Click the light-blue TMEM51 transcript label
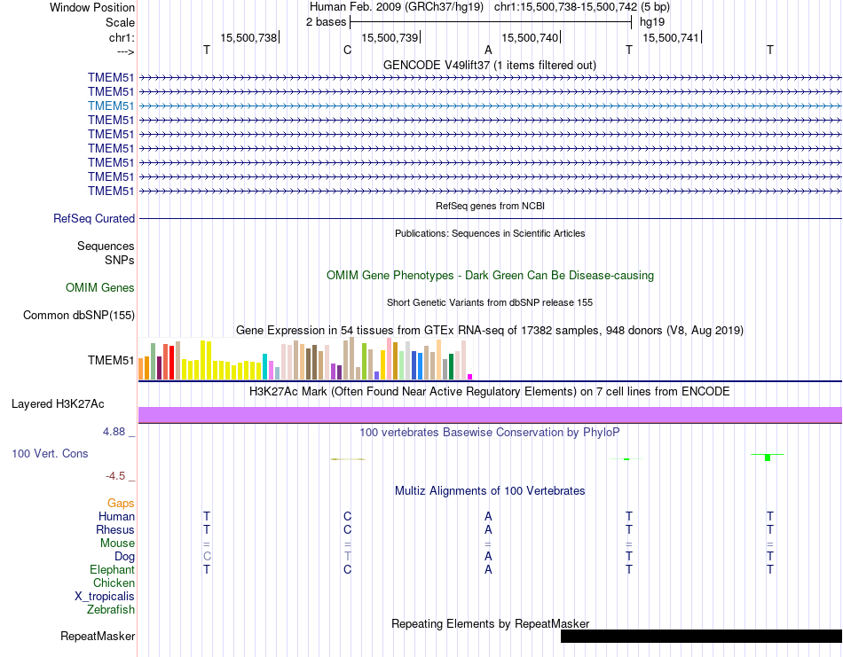click(111, 106)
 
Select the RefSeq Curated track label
click(94, 218)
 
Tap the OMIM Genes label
click(100, 287)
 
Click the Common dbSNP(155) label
click(79, 315)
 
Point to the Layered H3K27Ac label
click(58, 403)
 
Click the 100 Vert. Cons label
click(50, 453)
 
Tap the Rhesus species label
click(115, 529)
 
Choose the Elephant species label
click(112, 569)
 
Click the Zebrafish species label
click(111, 609)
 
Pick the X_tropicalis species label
click(105, 596)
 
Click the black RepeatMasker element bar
click(701, 636)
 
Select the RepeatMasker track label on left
click(98, 636)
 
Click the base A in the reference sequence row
click(488, 50)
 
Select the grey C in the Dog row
click(207, 556)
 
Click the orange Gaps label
click(121, 503)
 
